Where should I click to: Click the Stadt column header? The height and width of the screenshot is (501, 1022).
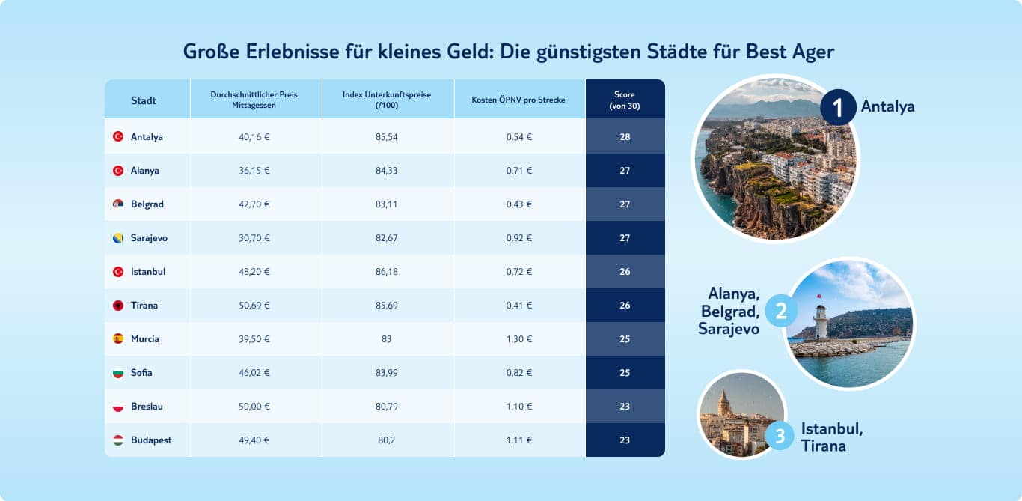pyautogui.click(x=143, y=100)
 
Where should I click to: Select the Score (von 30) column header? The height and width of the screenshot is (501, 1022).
pyautogui.click(x=625, y=100)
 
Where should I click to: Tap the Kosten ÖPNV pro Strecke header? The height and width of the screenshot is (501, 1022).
pyautogui.click(x=518, y=100)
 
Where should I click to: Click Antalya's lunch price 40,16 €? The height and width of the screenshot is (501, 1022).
pyautogui.click(x=255, y=137)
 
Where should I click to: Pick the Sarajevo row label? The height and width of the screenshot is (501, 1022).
pyautogui.click(x=149, y=238)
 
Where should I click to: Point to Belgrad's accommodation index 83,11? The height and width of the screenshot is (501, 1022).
pyautogui.click(x=387, y=204)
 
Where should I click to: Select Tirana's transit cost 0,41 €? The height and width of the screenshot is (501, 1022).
pyautogui.click(x=518, y=306)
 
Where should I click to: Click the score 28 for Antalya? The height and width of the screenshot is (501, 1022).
pyautogui.click(x=625, y=137)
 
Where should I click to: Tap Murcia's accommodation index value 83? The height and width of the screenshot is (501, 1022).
pyautogui.click(x=387, y=339)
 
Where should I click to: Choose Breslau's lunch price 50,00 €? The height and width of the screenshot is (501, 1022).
pyautogui.click(x=255, y=407)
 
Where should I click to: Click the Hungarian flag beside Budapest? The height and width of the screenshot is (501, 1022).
pyautogui.click(x=117, y=440)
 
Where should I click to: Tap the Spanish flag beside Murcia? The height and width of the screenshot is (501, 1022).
pyautogui.click(x=117, y=339)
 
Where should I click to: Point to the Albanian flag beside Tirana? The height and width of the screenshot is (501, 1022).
pyautogui.click(x=117, y=306)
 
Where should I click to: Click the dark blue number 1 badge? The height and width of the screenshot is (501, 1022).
pyautogui.click(x=838, y=107)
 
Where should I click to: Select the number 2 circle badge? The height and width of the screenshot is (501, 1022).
pyautogui.click(x=780, y=312)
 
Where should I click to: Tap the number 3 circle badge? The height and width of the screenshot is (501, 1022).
pyautogui.click(x=780, y=436)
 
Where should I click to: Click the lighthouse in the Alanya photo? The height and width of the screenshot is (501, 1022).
pyautogui.click(x=821, y=321)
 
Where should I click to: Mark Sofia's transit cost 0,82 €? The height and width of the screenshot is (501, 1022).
pyautogui.click(x=518, y=373)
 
